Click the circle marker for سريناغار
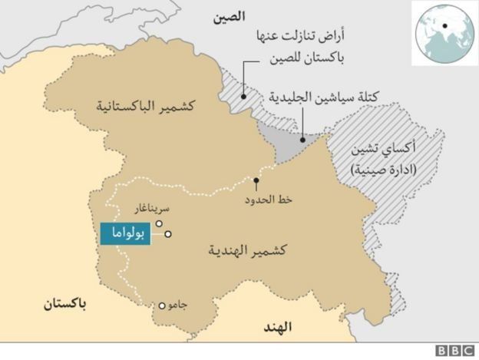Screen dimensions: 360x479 tap(158, 223)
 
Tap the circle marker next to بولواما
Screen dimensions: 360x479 tap(167, 234)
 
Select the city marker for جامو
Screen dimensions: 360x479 tap(162, 305)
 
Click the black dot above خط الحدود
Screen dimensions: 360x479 tap(256, 181)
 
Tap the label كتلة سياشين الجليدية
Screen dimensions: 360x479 tap(325, 98)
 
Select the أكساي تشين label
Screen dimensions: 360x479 tap(381, 150)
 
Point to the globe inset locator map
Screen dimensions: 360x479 tap(443, 31)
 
